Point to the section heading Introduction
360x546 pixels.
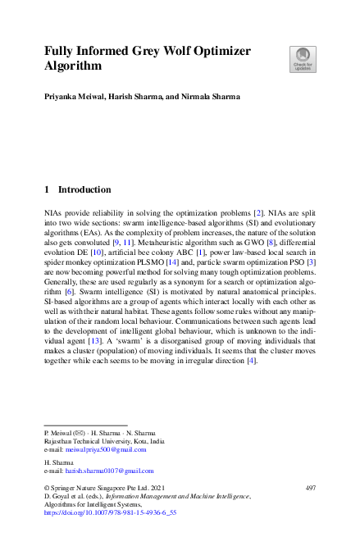84,189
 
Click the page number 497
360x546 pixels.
310,488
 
